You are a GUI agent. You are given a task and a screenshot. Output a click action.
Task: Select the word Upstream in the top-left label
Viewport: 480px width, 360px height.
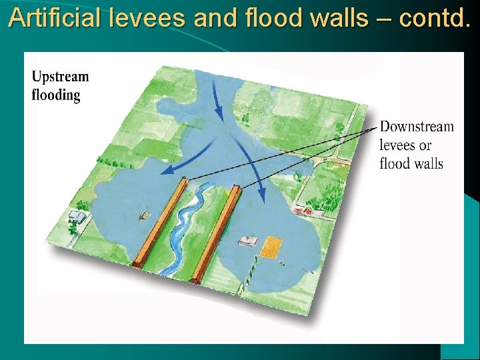60,77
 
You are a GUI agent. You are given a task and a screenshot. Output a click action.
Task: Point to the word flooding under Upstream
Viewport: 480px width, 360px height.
56,95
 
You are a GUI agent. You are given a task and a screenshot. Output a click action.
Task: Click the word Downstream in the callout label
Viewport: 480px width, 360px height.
417,127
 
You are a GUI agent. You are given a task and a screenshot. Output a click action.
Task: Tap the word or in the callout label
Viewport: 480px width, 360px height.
425,145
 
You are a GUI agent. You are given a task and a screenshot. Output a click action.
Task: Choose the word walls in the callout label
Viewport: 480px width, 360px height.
427,163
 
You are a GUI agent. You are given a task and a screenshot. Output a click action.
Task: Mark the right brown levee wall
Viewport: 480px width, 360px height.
215,230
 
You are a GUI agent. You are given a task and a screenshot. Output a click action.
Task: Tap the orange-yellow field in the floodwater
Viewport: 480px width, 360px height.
270,246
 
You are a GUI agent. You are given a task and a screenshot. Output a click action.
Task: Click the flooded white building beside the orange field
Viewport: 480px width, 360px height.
249,240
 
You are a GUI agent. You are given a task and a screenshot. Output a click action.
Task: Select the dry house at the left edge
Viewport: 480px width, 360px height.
77,216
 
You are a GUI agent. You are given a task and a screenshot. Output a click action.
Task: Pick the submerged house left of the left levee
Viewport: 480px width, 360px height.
143,215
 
